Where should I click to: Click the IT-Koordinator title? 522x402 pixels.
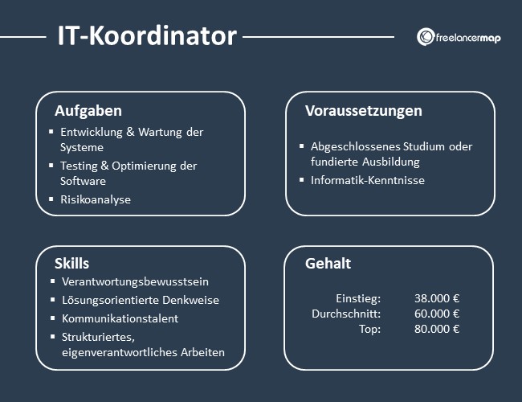tap(147, 35)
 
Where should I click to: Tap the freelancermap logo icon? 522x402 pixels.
tap(426, 37)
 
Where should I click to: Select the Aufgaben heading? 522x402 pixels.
tap(88, 111)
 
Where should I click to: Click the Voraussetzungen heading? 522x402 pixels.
tap(363, 111)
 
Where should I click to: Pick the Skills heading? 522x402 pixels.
tap(72, 264)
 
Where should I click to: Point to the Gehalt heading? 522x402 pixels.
tap(328, 264)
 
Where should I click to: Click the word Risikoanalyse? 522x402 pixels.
tap(96, 199)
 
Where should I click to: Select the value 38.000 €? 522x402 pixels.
tap(437, 297)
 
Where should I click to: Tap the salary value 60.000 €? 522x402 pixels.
tap(437, 314)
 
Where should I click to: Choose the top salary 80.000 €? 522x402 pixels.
tap(437, 329)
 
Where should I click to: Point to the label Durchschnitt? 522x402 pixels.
tap(346, 314)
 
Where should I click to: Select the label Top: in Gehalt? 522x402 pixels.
tap(370, 329)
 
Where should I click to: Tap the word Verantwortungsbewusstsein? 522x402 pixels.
tap(136, 282)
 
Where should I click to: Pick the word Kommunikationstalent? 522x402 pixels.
tap(120, 318)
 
